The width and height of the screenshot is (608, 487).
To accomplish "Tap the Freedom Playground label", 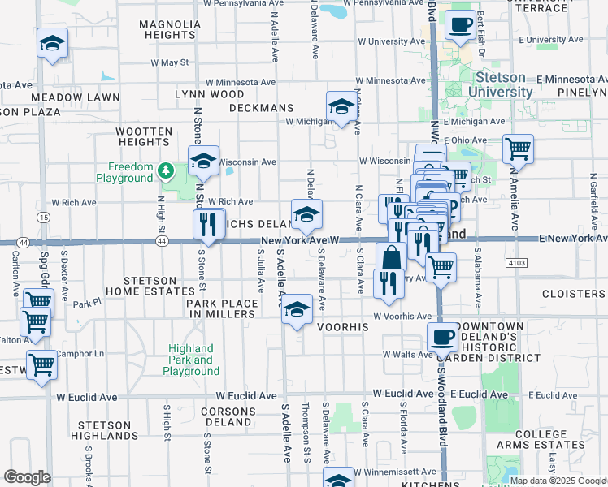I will pos(124,172).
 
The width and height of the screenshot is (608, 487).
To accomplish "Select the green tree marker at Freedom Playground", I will pos(166,170).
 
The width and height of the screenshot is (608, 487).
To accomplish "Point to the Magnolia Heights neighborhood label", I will pos(169,30).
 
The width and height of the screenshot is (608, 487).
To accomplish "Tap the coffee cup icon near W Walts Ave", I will pos(443,337).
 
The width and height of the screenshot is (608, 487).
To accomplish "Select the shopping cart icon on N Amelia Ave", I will pos(518,149).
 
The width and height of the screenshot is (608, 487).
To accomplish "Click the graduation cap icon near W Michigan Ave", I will pos(341,106).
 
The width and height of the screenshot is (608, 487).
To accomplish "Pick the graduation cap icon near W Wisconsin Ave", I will pos(203,161).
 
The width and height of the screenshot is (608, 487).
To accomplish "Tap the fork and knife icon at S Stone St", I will pos(208,223).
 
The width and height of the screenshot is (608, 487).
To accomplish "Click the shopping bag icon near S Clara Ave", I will pos(391,257).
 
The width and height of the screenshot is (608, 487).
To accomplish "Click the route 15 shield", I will pos(42,218).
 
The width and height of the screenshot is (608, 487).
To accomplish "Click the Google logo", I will pos(27,477).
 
